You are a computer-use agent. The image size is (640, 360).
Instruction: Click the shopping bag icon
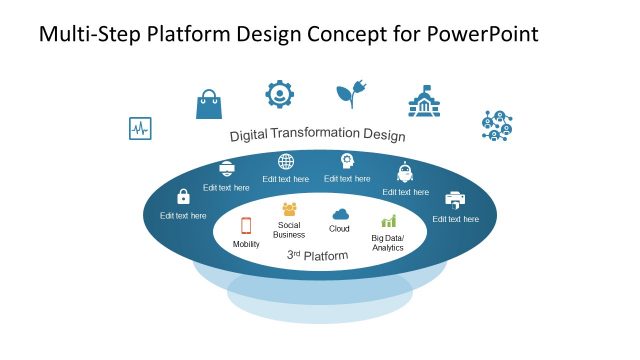coord(208,103)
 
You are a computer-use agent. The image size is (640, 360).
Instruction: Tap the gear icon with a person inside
coord(280,94)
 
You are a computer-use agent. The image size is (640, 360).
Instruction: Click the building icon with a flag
coord(425,102)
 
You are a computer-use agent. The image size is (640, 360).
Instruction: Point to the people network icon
coord(497,126)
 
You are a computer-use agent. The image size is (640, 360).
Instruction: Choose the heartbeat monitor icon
coord(139,129)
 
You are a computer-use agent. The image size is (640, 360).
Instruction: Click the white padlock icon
coord(183,197)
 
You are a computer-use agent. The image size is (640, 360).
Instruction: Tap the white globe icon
coord(286,162)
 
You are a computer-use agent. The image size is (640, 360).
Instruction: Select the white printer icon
coord(455,199)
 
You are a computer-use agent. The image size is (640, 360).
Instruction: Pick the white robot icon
coord(405,171)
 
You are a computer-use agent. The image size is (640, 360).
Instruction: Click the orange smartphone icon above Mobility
coord(246,225)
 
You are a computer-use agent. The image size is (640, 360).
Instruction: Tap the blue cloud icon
coord(340,214)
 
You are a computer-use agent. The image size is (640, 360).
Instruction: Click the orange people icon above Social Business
coord(289,209)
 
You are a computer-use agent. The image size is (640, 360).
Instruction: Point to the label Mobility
coord(246,244)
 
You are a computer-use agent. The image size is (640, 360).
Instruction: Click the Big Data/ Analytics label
coord(388,242)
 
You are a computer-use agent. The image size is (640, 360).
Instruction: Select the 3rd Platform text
coord(318,256)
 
